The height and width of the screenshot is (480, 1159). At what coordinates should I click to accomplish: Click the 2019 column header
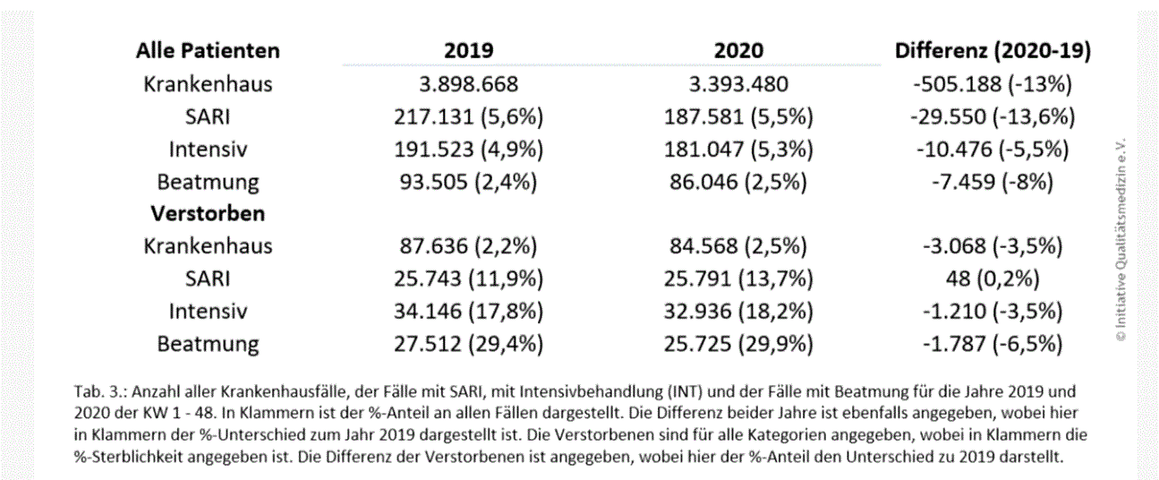(x=469, y=50)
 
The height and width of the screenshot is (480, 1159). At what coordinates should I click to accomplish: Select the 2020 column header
(x=738, y=50)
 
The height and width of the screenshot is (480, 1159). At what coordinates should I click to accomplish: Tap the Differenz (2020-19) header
(x=993, y=50)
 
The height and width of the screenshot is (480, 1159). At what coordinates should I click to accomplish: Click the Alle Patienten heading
(x=208, y=50)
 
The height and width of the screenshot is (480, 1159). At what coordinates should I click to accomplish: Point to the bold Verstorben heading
(x=207, y=214)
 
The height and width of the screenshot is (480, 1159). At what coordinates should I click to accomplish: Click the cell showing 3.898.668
(x=469, y=84)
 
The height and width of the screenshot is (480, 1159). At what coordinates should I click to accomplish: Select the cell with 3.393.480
(x=738, y=84)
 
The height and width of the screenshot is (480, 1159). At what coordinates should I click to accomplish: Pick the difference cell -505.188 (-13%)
(x=993, y=84)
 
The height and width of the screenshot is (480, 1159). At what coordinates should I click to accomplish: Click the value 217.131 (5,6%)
(x=469, y=116)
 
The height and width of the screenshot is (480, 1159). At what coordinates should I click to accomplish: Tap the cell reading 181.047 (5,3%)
(x=738, y=149)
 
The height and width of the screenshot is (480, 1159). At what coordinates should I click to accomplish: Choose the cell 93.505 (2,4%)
(x=469, y=182)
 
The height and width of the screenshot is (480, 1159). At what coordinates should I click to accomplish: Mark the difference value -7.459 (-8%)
(x=993, y=182)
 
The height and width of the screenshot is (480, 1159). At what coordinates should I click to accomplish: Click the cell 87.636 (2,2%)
(x=469, y=246)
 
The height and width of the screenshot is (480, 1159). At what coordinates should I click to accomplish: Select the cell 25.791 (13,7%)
(x=738, y=279)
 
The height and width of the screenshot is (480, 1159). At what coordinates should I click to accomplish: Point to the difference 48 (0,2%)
(x=993, y=279)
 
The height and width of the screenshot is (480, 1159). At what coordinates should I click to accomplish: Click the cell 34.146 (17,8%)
(x=469, y=311)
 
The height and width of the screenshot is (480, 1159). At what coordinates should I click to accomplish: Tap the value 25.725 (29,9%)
(x=738, y=343)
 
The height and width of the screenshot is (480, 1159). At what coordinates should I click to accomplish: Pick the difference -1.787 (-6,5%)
(x=993, y=343)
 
